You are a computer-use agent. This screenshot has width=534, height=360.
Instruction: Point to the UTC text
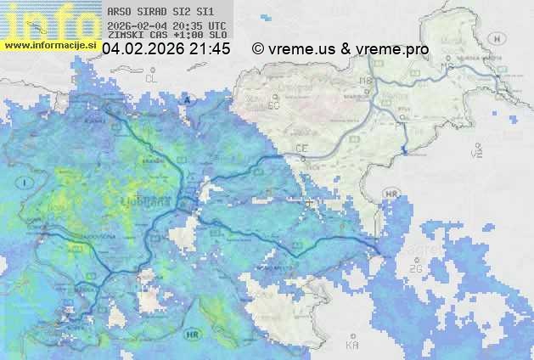coord(216,25)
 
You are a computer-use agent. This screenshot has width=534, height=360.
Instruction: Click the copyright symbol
coord(258,49)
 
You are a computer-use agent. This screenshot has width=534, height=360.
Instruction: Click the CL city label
coord(151,78)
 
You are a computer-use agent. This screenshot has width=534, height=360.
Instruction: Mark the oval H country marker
coord(500,39)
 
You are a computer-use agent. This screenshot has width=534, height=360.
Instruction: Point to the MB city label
coord(367,82)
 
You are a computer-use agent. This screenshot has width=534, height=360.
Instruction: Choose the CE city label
coord(301,149)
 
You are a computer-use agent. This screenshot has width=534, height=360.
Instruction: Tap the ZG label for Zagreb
coord(416,268)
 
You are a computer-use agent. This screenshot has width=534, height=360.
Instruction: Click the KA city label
coord(351,345)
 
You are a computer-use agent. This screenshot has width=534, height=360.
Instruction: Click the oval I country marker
coord(26,183)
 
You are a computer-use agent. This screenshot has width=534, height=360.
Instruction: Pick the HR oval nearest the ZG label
coord(391,194)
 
